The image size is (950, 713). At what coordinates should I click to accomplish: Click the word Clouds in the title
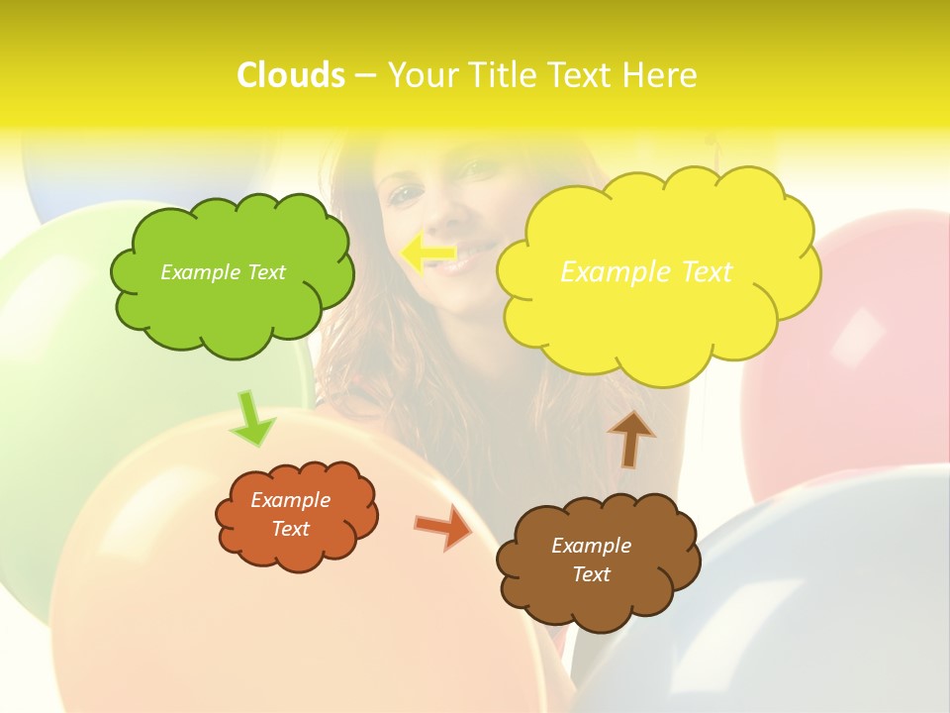pyautogui.click(x=291, y=75)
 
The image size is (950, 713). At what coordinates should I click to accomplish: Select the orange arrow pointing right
pyautogui.click(x=443, y=527)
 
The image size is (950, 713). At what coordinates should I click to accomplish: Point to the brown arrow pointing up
pyautogui.click(x=630, y=439)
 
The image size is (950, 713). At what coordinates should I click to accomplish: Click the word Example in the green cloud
pyautogui.click(x=198, y=272)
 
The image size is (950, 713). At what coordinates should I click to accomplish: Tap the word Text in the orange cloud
pyautogui.click(x=291, y=529)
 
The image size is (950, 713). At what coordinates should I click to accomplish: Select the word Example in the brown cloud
pyautogui.click(x=591, y=546)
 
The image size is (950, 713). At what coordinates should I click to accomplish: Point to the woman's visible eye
pyautogui.click(x=406, y=195)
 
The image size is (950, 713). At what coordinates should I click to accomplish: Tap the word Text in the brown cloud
pyautogui.click(x=591, y=574)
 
